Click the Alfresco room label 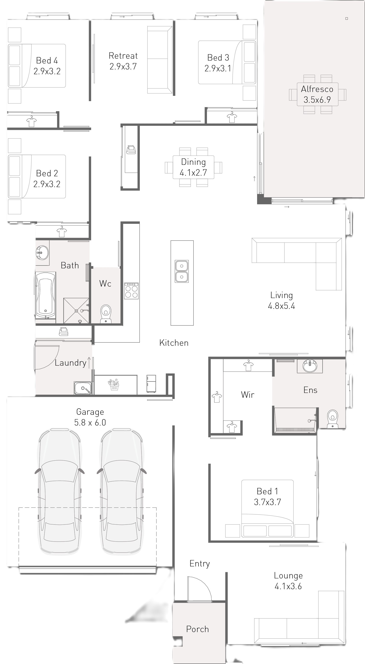317,89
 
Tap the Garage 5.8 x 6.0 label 90,417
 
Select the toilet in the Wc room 106,313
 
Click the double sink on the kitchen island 182,271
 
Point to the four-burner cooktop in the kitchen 131,291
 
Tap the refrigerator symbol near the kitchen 151,384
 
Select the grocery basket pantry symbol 114,385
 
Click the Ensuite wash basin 310,366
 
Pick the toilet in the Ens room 332,419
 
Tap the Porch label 197,629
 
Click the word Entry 200,563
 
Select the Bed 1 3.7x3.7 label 267,497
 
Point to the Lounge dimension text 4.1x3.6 288,586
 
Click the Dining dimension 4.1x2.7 193,173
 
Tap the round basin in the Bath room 42,252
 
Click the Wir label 248,395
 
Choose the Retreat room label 123,56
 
